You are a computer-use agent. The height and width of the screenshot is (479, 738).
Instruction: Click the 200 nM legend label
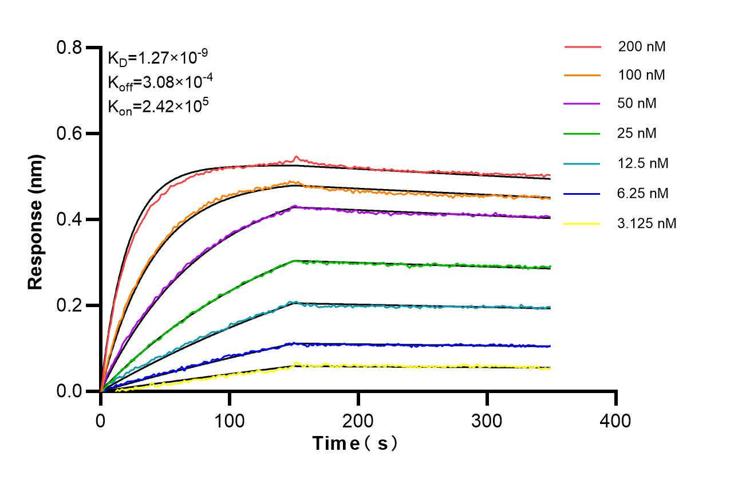pos(641,47)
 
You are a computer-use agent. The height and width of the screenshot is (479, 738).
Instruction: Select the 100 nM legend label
pos(641,75)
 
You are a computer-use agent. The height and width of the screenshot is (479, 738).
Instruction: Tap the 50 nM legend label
pos(637,104)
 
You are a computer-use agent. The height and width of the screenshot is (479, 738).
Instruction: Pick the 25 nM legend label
pos(637,134)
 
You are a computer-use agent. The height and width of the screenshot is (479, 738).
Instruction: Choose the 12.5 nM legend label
pos(643,163)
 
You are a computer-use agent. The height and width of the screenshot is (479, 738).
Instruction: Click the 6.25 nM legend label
pos(643,193)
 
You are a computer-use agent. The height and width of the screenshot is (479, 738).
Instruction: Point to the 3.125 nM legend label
pos(647,223)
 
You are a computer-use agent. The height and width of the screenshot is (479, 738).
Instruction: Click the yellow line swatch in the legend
pos(582,223)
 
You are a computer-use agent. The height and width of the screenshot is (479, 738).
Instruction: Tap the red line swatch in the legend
pos(582,47)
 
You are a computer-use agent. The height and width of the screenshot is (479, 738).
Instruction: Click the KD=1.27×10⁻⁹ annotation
pos(157,57)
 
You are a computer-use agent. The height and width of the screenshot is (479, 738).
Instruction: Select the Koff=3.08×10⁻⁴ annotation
pos(160,82)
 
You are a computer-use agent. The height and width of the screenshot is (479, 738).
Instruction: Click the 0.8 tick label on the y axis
pos(69,48)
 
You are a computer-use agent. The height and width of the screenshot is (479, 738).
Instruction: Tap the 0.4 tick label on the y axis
pos(69,220)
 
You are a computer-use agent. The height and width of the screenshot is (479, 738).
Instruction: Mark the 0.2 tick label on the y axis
pos(69,306)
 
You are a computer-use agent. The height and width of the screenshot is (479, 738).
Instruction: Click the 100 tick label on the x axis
pos(229,421)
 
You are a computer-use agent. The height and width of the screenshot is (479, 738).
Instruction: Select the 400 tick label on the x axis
pos(615,421)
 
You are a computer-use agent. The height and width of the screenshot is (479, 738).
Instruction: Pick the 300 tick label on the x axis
pos(487,421)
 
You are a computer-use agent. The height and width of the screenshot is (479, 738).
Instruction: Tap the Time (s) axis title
pos(355,443)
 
